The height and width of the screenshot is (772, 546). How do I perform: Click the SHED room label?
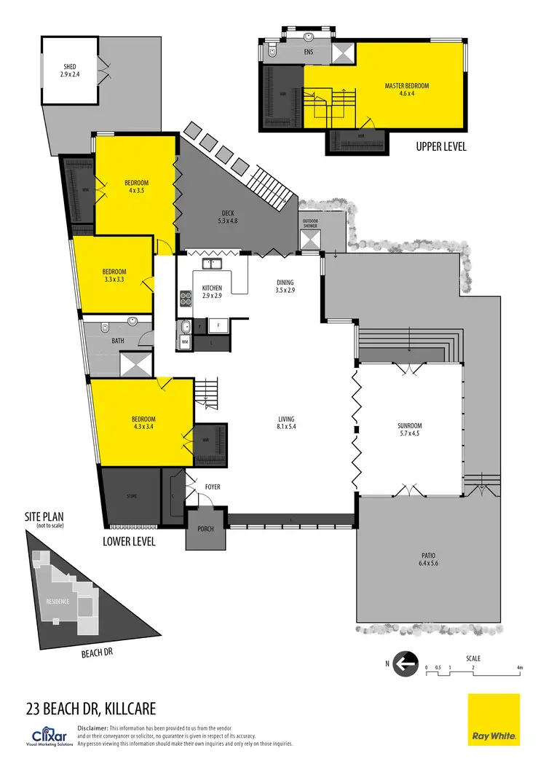pyautogui.click(x=70, y=71)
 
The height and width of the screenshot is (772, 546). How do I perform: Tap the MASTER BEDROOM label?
pyautogui.click(x=407, y=90)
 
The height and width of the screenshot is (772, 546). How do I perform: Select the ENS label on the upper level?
pyautogui.click(x=307, y=52)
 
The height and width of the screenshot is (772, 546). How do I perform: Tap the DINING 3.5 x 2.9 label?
pyautogui.click(x=285, y=286)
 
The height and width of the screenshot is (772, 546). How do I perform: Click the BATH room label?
pyautogui.click(x=118, y=340)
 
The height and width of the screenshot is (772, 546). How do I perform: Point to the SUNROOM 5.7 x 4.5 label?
pyautogui.click(x=410, y=430)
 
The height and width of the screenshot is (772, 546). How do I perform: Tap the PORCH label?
pyautogui.click(x=205, y=529)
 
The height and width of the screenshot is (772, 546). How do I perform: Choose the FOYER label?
pyautogui.click(x=213, y=487)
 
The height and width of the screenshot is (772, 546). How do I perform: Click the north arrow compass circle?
pyautogui.click(x=405, y=663)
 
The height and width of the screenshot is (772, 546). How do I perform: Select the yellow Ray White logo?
pyautogui.click(x=494, y=720)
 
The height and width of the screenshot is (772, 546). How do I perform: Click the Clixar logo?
pyautogui.click(x=50, y=734)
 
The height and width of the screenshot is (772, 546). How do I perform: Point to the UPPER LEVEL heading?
pyautogui.click(x=441, y=146)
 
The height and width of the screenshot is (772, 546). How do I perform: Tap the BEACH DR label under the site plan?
pyautogui.click(x=96, y=653)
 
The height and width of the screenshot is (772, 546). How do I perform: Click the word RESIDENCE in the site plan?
pyautogui.click(x=58, y=602)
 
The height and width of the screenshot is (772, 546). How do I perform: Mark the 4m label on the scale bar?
pyautogui.click(x=520, y=667)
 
